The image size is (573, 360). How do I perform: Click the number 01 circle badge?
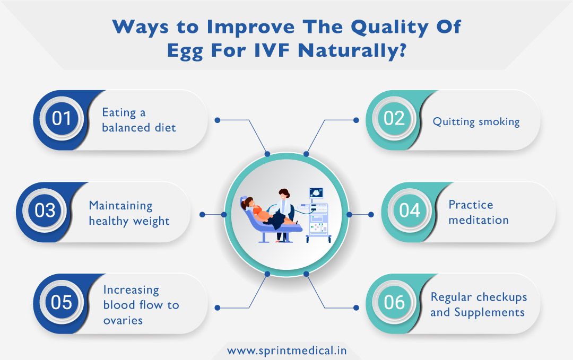pyautogui.click(x=62, y=119)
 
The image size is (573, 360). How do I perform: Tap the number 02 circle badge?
pyautogui.click(x=394, y=119)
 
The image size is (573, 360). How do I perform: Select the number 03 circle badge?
pyautogui.click(x=45, y=211)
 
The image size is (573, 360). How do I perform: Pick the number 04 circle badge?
pyautogui.click(x=410, y=211)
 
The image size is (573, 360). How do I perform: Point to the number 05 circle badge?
pyautogui.click(x=62, y=303)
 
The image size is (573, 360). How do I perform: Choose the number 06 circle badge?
pyautogui.click(x=394, y=303)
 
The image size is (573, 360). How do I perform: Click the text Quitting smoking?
pyautogui.click(x=476, y=121)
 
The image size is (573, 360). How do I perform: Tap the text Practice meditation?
pyautogui.click(x=478, y=212)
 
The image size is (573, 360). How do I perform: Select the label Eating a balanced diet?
pyautogui.click(x=138, y=120)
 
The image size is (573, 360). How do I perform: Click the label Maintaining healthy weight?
pyautogui.click(x=129, y=213)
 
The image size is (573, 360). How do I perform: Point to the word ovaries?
pyautogui.click(x=123, y=320)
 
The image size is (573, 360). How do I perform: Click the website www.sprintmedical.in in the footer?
pyautogui.click(x=287, y=350)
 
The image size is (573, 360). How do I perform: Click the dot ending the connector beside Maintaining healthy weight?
pyautogui.click(x=202, y=215)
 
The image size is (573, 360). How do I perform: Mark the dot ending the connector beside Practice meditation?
pyautogui.click(x=371, y=215)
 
